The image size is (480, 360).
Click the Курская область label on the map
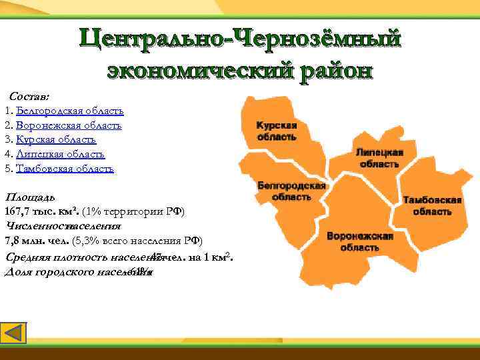277,131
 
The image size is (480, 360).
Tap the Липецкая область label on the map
379,157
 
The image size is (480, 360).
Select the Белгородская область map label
291,191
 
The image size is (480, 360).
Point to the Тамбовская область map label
432,205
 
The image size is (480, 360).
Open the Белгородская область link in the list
70,111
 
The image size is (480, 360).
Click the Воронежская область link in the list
69,125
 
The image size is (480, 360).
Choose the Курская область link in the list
57,140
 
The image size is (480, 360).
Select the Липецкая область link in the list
60,155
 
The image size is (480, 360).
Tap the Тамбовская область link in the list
65,169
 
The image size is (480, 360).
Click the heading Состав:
29,97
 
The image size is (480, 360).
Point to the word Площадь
30,198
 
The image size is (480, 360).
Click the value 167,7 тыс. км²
42,212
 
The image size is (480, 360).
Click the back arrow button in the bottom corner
14,334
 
